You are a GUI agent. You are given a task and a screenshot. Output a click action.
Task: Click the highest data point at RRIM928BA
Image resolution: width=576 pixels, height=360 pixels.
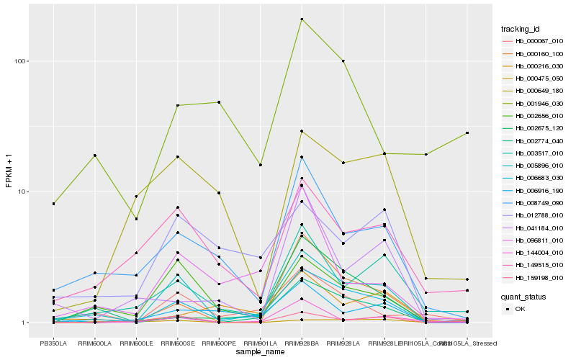coord(302,19)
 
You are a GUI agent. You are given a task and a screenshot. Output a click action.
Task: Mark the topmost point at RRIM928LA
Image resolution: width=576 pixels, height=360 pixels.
coord(343,61)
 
